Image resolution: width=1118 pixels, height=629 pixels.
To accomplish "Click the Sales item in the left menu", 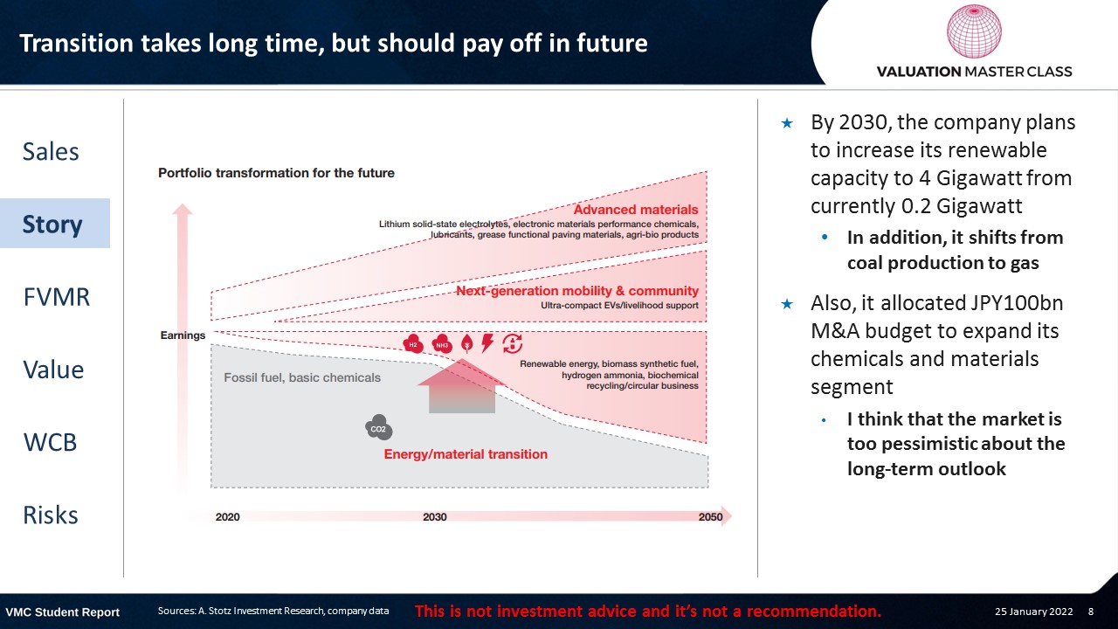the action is tap(51, 151).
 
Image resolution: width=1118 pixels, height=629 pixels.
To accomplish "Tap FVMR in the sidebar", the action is tap(57, 297).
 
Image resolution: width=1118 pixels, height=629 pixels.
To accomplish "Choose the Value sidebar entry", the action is tap(53, 370).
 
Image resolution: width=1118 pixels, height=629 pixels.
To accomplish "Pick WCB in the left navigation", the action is tap(50, 442).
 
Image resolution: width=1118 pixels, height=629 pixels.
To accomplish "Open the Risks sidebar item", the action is tap(51, 515).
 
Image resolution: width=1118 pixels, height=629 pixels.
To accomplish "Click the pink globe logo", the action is tap(974, 31).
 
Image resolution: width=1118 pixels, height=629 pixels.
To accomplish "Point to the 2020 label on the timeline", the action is tap(228, 517).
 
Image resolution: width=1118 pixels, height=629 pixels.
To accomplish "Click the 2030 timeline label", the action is tap(435, 517).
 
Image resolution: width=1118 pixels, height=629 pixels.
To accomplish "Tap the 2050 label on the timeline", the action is tap(710, 516).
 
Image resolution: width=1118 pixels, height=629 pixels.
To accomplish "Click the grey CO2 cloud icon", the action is tap(379, 427).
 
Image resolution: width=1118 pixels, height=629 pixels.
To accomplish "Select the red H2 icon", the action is tap(413, 344).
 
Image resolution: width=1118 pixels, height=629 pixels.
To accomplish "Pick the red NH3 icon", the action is tap(442, 344).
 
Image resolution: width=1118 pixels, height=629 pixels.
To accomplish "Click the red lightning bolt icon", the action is tap(487, 343).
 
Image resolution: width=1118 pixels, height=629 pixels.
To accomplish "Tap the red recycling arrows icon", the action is tap(512, 344).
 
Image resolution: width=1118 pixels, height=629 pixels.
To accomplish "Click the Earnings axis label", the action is tap(183, 335).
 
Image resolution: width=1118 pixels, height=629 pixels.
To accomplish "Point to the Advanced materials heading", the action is tap(636, 210).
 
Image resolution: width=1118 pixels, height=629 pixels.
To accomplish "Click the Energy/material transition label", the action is tap(466, 454).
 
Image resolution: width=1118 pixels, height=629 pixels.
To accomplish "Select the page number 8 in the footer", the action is tap(1091, 612).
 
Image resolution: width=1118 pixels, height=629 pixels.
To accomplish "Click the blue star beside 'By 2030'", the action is tap(787, 123).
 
